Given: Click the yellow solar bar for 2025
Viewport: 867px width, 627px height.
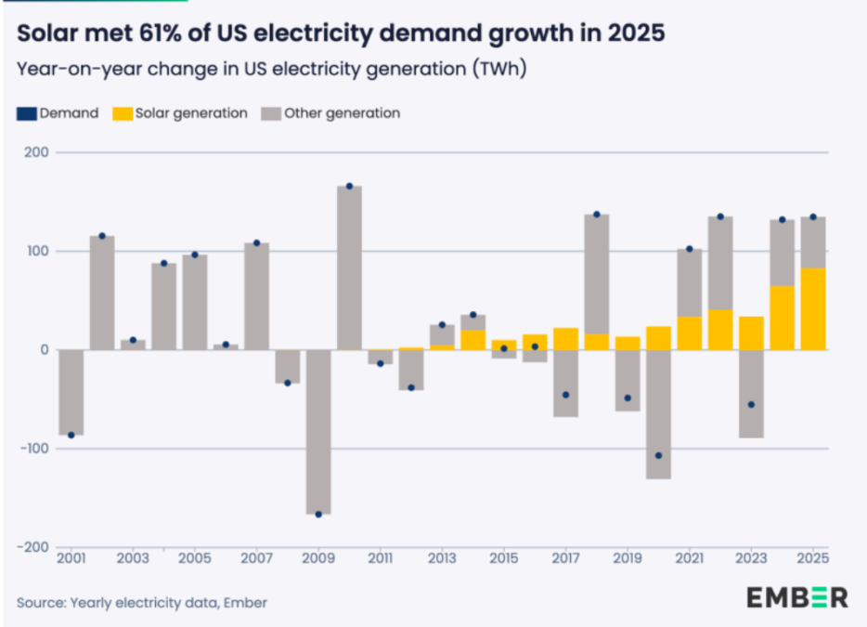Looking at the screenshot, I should pos(813,308).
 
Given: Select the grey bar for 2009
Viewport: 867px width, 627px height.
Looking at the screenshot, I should pos(318,432).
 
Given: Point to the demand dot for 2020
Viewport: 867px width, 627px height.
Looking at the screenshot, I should pos(658,455).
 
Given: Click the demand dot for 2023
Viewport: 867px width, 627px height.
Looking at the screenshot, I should pos(751,404).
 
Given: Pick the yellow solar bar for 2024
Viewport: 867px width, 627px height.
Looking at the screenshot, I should pos(782,318).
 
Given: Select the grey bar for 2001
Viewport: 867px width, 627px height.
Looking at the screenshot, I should pos(71,392).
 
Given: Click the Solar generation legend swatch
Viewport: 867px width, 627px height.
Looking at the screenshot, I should pos(121,113).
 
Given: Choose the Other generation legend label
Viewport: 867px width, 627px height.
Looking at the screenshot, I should pos(342,113).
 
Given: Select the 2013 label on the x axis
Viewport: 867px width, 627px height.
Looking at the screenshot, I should pos(442,558).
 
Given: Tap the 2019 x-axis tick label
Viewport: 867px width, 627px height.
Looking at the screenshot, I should pos(628,558).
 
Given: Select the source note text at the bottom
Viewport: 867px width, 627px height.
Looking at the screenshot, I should pos(142,603).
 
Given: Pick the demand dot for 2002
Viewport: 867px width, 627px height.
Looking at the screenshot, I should pos(102,236).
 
